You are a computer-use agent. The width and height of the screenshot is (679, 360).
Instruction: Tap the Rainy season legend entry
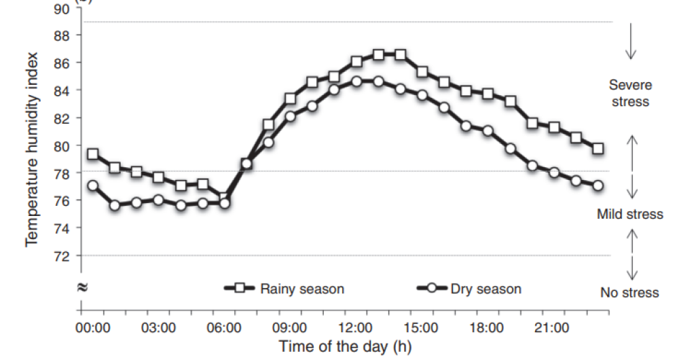pos(301,289)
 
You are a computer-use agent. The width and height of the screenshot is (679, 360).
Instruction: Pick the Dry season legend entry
pos(485,289)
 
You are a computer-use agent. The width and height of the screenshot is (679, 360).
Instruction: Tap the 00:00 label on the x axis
pos(93,328)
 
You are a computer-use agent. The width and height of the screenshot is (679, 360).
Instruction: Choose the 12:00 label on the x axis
pos(356,328)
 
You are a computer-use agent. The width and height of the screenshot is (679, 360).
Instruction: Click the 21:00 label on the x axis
pos(552,328)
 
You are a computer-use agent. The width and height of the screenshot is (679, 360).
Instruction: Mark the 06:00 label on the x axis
pos(224,328)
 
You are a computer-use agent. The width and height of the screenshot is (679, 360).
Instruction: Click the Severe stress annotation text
pos(629,94)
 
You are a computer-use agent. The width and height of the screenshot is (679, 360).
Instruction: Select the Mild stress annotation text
pos(629,215)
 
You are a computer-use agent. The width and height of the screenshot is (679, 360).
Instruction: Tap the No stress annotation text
pos(629,293)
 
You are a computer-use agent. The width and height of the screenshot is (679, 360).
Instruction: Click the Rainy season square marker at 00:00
pos(93,154)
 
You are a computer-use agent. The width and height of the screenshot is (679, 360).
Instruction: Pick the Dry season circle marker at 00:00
pos(93,185)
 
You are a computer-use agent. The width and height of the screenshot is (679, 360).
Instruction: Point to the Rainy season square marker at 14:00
pos(400,54)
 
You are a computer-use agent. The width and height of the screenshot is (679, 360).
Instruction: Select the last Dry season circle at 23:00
pos(598,185)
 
